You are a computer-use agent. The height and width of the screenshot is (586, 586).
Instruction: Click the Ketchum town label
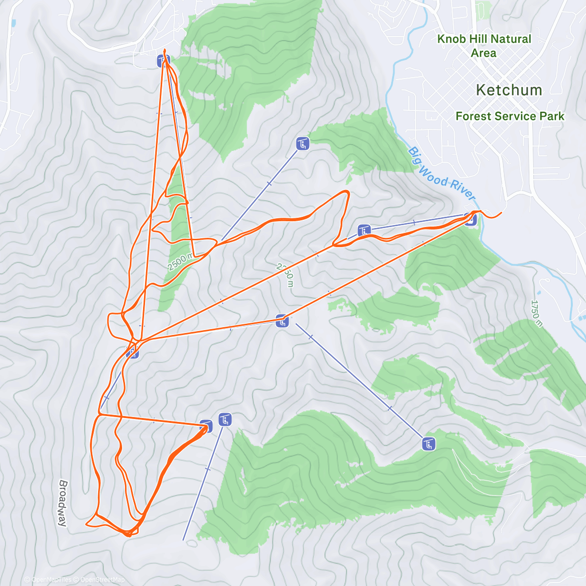pyautogui.click(x=508, y=90)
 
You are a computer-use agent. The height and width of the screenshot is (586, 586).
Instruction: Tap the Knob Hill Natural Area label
pyautogui.click(x=484, y=45)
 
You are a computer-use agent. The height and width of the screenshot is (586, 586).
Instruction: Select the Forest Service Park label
pyautogui.click(x=509, y=116)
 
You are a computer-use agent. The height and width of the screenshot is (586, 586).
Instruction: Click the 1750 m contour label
pyautogui.click(x=537, y=313)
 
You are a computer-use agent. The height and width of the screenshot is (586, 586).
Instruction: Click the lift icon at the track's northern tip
pyautogui.click(x=163, y=61)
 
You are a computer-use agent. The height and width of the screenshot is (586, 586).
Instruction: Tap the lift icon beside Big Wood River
pyautogui.click(x=470, y=219)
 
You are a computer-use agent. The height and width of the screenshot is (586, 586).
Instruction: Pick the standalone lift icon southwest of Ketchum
pyautogui.click(x=303, y=144)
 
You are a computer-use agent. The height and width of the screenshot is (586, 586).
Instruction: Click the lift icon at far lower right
pyautogui.click(x=428, y=444)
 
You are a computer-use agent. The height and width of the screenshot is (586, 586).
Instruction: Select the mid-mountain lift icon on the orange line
pyautogui.click(x=282, y=321)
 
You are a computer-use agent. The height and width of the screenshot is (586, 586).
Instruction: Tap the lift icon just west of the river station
pyautogui.click(x=363, y=230)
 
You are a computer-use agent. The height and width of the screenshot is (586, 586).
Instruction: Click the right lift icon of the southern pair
pyautogui.click(x=225, y=419)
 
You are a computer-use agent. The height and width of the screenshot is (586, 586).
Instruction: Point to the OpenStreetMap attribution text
pyautogui.click(x=102, y=580)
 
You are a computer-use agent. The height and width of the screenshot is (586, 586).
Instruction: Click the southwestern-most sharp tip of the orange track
pyautogui.click(x=86, y=524)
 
